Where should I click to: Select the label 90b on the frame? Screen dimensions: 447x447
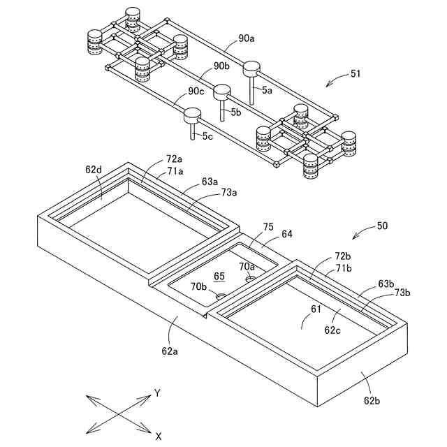pyautogui.click(x=221, y=66)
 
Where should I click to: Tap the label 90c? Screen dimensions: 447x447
pyautogui.click(x=197, y=91)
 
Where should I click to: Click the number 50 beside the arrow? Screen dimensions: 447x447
pyautogui.click(x=382, y=226)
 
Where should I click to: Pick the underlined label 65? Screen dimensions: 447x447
pyautogui.click(x=219, y=276)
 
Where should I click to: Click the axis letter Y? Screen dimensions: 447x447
pyautogui.click(x=158, y=393)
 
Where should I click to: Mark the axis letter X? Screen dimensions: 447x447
pyautogui.click(x=159, y=436)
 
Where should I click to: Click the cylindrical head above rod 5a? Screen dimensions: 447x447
pyautogui.click(x=251, y=68)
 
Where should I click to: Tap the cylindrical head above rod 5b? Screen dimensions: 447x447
pyautogui.click(x=222, y=91)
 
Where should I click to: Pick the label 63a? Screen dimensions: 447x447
pyautogui.click(x=210, y=182)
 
